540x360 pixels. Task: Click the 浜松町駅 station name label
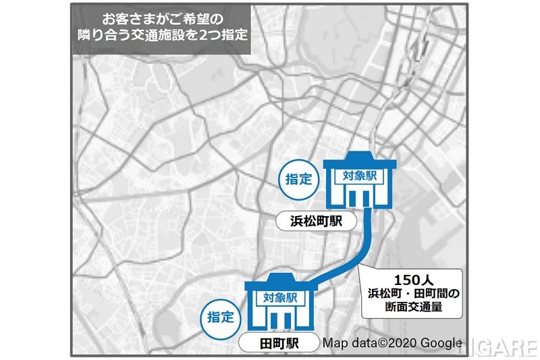point(315,221)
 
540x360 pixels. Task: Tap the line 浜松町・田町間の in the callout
point(412,294)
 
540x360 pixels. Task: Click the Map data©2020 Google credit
point(391,342)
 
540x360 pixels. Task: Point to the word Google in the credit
point(441,342)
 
